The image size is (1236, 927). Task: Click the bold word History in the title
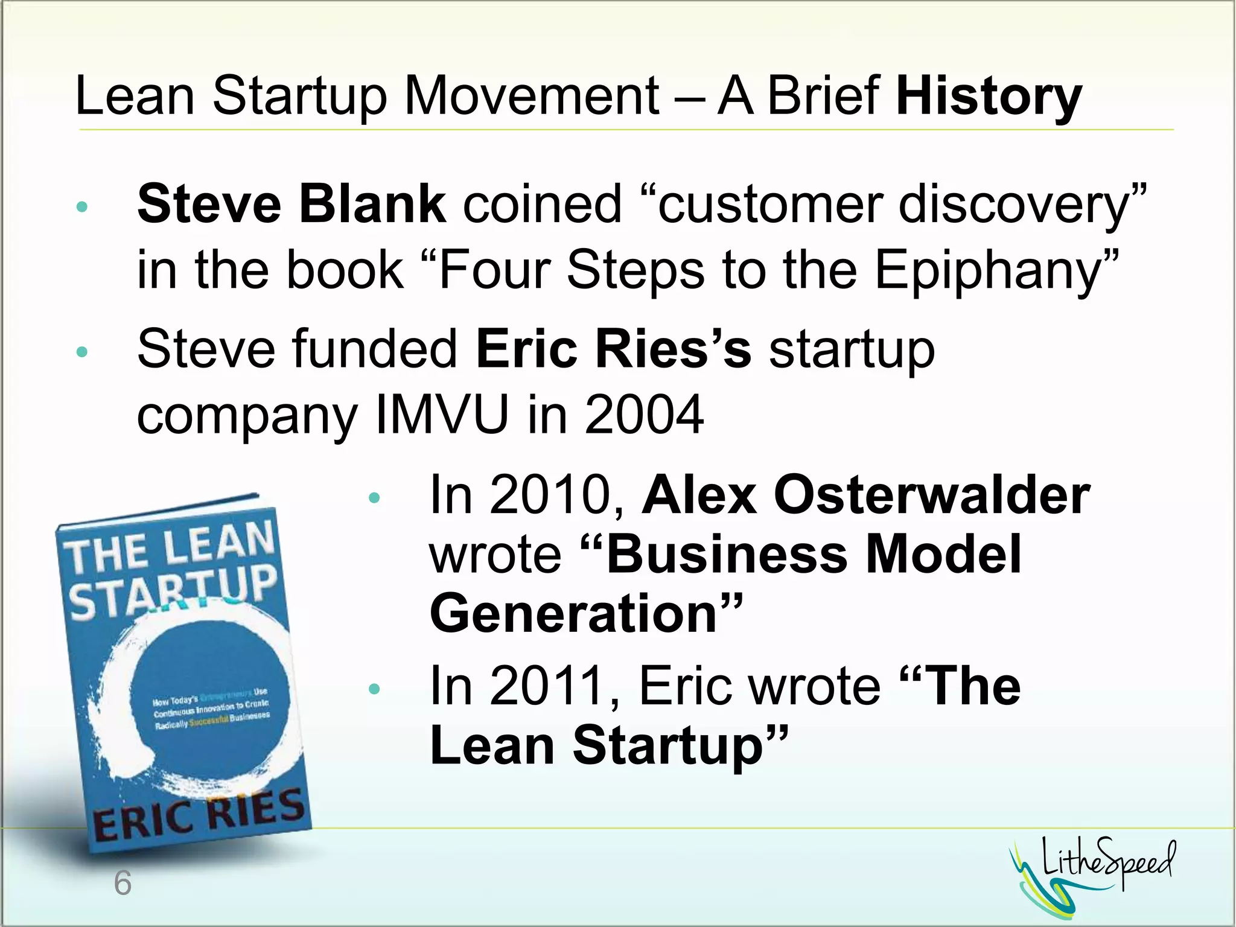[x=989, y=97]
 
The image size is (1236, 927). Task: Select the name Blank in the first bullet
[x=372, y=204]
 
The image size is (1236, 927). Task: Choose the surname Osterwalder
[x=931, y=495]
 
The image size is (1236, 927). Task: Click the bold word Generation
[x=573, y=613]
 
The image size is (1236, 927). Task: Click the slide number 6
[x=123, y=884]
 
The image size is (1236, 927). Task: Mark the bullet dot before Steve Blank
[x=82, y=207]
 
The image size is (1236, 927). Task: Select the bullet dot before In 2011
[x=374, y=689]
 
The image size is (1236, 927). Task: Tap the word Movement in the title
[x=531, y=97]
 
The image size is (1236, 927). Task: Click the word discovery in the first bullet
[x=1014, y=205]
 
